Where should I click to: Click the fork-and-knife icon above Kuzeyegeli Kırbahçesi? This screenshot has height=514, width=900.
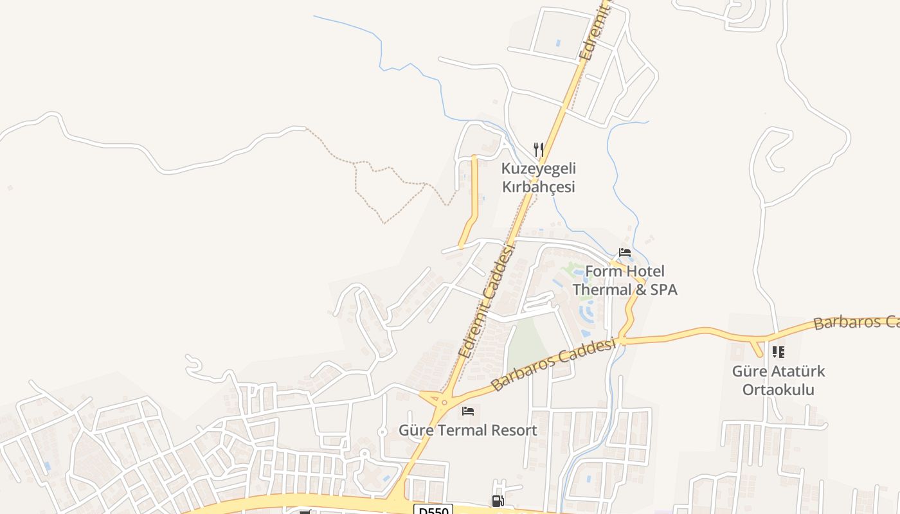(x=539, y=150)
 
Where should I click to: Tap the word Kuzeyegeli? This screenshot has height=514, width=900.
(x=539, y=169)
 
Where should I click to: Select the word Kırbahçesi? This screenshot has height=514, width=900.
(x=539, y=188)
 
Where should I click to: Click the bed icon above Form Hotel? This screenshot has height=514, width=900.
(x=625, y=253)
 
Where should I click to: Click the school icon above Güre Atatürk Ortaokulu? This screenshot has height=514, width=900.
(x=779, y=352)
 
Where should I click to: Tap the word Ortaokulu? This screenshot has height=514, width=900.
(x=779, y=390)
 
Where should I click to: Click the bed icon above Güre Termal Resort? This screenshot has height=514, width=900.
(x=468, y=411)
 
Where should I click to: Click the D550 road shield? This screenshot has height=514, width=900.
(x=433, y=510)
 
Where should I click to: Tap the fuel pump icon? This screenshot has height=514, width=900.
(x=498, y=501)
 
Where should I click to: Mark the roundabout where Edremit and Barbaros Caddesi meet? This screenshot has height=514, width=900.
(x=443, y=401)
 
